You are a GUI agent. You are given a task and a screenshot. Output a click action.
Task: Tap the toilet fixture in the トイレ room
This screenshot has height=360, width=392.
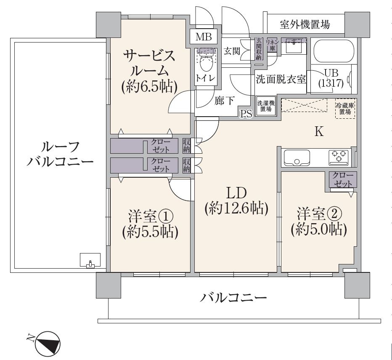coord(206,63)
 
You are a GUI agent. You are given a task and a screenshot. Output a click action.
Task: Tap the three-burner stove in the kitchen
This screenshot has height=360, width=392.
coord(339,157)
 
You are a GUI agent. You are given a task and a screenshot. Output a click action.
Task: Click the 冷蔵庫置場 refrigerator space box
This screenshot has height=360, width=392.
coord(345,109)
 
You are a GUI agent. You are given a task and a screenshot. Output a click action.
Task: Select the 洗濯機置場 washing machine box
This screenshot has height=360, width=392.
coord(266,105)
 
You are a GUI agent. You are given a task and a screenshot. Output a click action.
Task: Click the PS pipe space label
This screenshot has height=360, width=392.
coord(246,114)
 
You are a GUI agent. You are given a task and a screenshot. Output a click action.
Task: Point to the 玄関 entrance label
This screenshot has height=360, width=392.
coord(231,51)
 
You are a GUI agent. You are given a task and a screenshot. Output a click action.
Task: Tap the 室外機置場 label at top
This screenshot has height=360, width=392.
coord(305,25)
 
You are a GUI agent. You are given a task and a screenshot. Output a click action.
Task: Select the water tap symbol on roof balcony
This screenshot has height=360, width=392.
coord(89,264)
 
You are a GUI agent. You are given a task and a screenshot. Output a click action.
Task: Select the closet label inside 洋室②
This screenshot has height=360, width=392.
coord(343,179)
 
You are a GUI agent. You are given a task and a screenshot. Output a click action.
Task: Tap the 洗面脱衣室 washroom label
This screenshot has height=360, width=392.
coord(281,79)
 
